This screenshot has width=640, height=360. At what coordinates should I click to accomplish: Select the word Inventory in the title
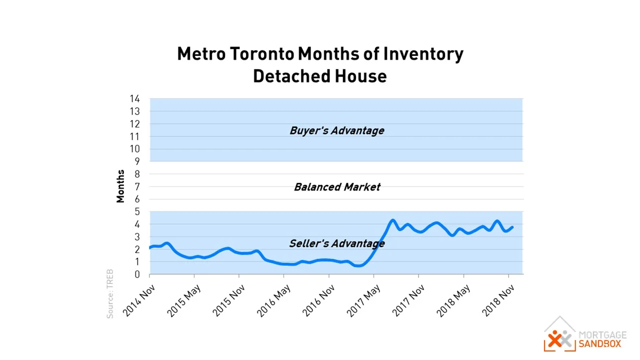click(423, 54)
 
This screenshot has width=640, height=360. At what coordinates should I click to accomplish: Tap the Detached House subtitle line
click(319, 76)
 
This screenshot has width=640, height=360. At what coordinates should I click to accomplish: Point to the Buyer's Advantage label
click(336, 130)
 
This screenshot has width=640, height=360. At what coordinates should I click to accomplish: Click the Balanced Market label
click(337, 187)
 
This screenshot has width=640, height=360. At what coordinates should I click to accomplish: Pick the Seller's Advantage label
click(336, 243)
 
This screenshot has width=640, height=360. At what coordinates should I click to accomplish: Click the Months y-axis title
click(120, 186)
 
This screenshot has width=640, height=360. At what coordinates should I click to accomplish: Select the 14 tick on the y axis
click(134, 99)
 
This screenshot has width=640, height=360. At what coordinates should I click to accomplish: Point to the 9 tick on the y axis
click(136, 161)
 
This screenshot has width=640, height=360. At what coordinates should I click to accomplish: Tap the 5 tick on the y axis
click(136, 212)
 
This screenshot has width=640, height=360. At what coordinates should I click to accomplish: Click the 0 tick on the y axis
click(136, 274)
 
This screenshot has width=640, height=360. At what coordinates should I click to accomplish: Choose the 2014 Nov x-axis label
click(139, 300)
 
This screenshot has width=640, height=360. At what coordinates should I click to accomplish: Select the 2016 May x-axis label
click(274, 300)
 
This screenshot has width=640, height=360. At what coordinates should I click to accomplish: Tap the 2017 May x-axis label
click(364, 300)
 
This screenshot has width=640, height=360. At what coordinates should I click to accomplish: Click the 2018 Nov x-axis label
click(499, 300)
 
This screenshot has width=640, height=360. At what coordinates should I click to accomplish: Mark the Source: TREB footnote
click(110, 293)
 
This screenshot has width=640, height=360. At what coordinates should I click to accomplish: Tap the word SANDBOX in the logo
click(599, 344)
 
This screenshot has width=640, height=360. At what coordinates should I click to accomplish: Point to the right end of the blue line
click(512, 227)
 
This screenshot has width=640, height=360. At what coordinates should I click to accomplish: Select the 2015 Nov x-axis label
click(229, 300)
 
